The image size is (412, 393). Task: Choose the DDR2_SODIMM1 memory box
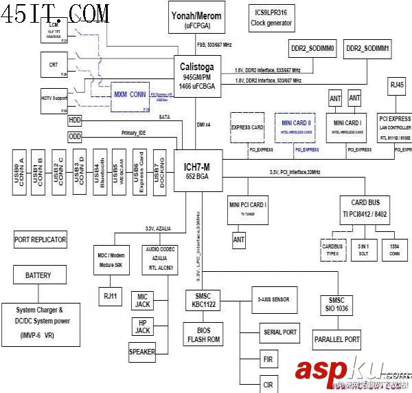click(x=368, y=50)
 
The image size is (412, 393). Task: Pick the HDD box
click(x=75, y=120)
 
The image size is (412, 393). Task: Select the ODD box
click(x=75, y=136)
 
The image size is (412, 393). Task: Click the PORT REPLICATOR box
click(x=41, y=240)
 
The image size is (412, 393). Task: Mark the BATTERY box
click(x=38, y=275)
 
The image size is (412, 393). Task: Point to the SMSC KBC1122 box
click(x=203, y=300)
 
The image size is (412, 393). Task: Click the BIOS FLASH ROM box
click(x=203, y=335)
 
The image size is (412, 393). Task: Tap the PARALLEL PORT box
click(x=337, y=339)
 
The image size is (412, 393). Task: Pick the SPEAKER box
click(x=142, y=352)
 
